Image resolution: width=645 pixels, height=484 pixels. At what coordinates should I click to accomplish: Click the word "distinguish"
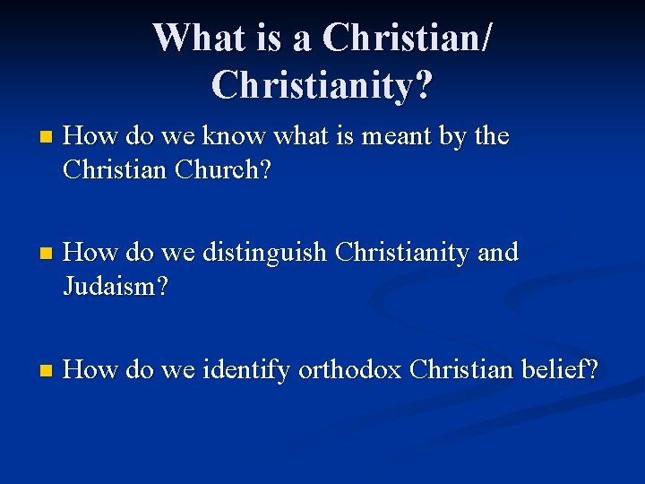pyautogui.click(x=264, y=254)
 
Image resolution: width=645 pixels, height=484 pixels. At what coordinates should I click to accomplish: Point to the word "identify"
pyautogui.click(x=246, y=369)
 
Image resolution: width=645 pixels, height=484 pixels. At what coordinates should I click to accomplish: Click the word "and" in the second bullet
pyautogui.click(x=498, y=253)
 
